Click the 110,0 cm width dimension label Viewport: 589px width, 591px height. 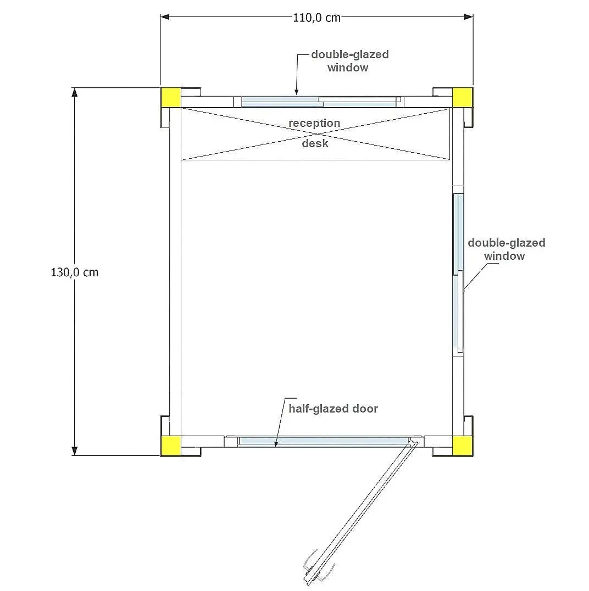click(x=316, y=18)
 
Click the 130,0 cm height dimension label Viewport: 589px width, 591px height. click(x=75, y=272)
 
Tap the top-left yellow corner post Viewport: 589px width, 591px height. click(x=171, y=97)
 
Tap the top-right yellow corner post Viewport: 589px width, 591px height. click(x=462, y=97)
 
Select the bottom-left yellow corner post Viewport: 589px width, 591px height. click(x=171, y=446)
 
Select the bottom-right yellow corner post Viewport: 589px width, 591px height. click(x=462, y=446)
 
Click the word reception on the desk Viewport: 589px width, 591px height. click(x=314, y=123)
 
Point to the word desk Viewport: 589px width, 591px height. click(x=315, y=143)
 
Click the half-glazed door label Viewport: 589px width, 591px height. click(x=334, y=409)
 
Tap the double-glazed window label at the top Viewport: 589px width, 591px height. click(x=349, y=61)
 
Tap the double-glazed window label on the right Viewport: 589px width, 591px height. click(x=507, y=249)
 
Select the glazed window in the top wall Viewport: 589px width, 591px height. click(x=320, y=102)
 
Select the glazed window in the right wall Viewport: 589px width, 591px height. click(x=459, y=273)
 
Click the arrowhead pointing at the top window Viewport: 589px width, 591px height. click(x=296, y=92)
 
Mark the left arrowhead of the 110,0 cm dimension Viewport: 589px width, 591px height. click(x=165, y=17)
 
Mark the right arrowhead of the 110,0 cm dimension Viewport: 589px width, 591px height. click(x=469, y=17)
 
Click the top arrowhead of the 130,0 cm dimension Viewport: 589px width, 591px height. click(x=75, y=92)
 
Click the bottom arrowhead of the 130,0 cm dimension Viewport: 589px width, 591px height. click(x=75, y=451)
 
